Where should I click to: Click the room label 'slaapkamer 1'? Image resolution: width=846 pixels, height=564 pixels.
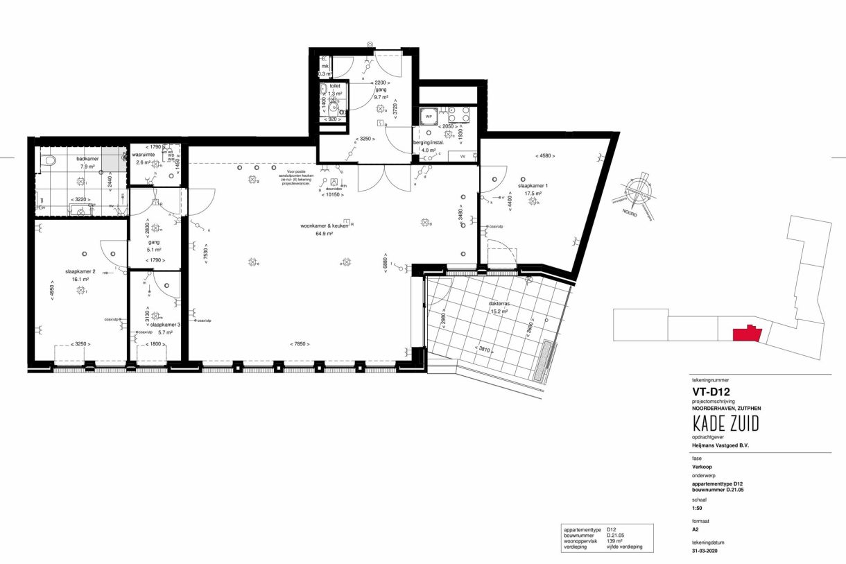pos(533,186)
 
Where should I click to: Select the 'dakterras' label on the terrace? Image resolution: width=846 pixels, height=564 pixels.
pos(497,303)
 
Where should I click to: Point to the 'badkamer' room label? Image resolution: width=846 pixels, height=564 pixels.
pos(88,158)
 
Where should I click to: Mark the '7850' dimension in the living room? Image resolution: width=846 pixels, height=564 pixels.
pos(299,344)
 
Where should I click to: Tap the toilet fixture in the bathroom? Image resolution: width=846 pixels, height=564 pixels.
pos(49,161)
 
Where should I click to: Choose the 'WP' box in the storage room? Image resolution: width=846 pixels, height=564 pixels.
pos(429,117)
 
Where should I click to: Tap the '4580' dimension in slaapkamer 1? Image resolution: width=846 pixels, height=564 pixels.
pos(544,155)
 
